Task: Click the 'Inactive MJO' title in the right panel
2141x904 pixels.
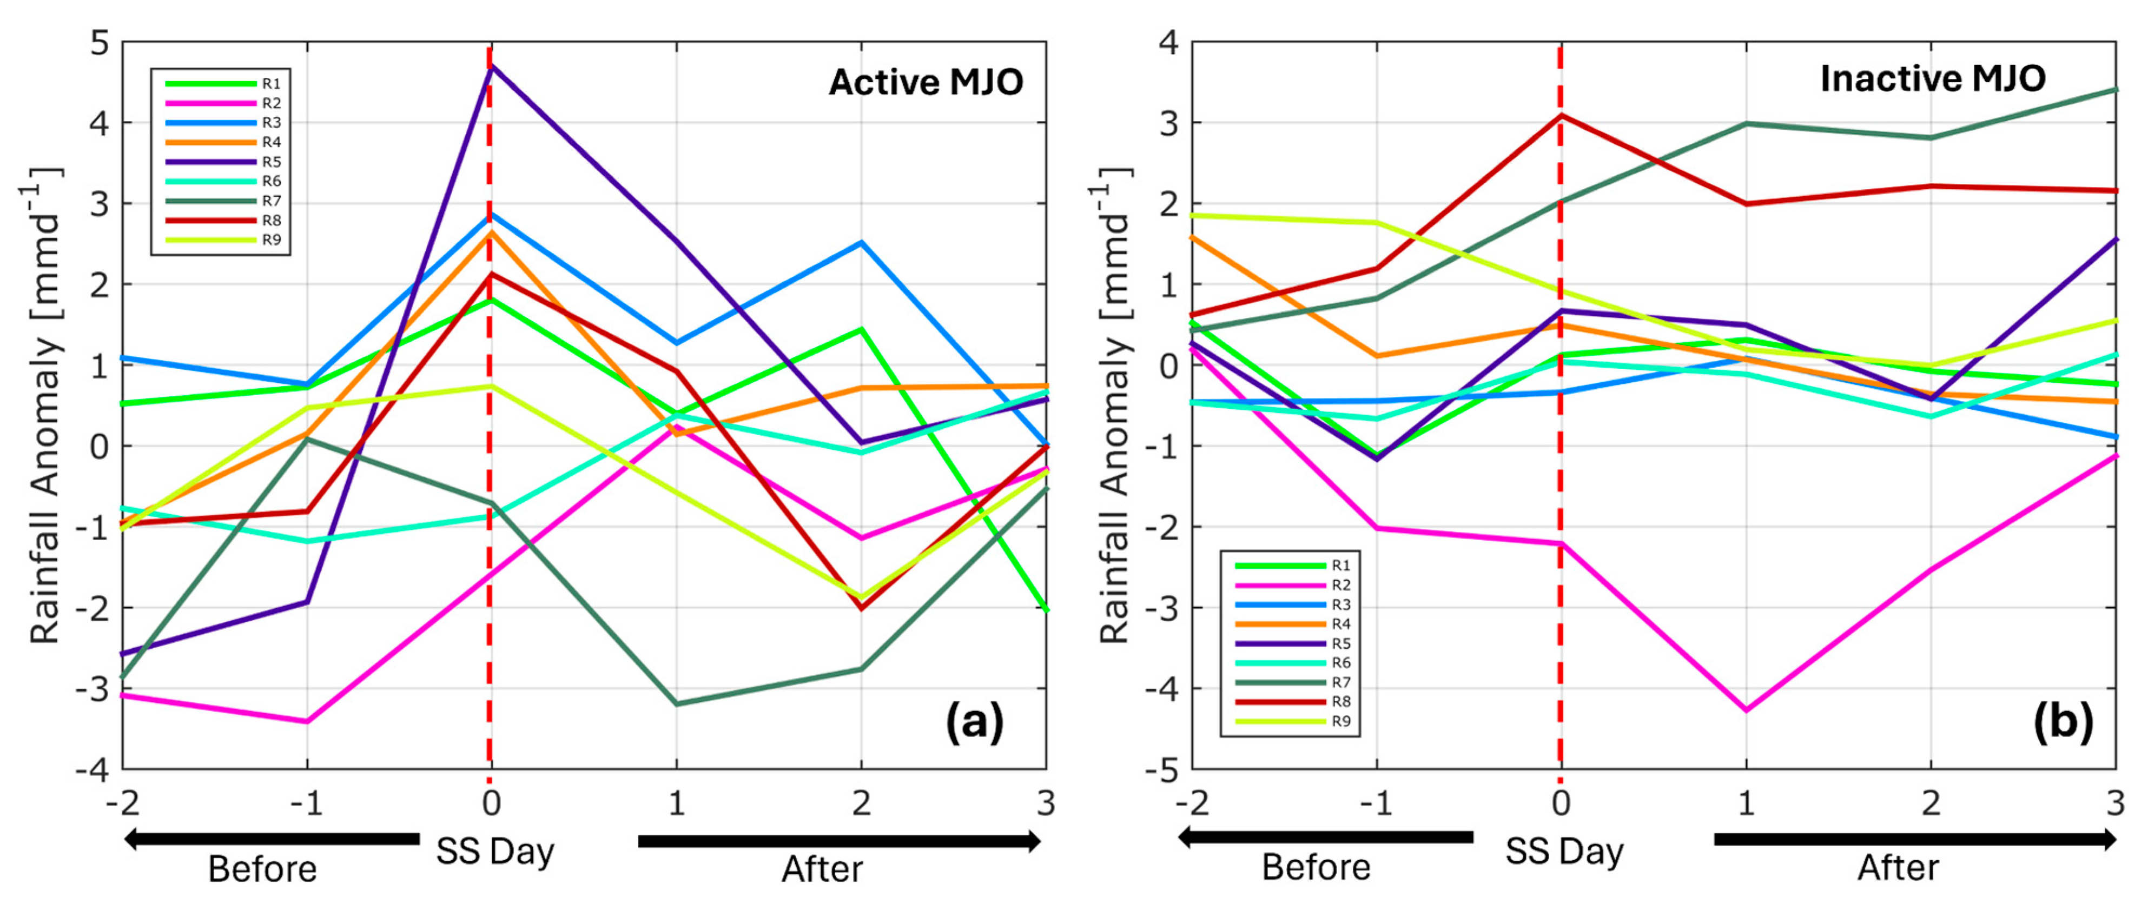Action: tap(1932, 79)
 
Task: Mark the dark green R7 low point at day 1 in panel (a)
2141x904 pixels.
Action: tap(677, 704)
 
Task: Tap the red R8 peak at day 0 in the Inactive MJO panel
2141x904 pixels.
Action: tap(1561, 116)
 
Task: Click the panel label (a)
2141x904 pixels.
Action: tap(974, 721)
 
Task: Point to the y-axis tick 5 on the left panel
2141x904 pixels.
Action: tap(99, 42)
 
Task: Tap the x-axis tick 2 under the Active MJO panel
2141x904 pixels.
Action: tap(861, 803)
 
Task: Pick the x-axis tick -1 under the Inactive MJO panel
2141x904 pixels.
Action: tap(1376, 803)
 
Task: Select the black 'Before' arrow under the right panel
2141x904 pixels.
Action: tap(1326, 837)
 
